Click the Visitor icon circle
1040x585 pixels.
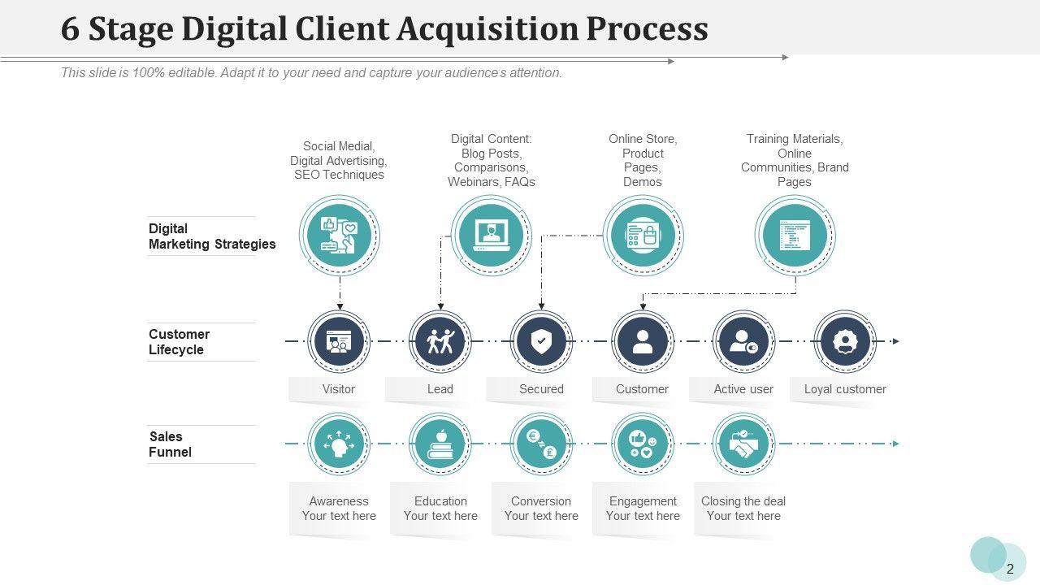point(339,342)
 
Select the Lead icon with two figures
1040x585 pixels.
point(440,342)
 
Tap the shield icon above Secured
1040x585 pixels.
point(541,342)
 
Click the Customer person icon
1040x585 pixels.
point(643,342)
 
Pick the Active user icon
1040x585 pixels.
point(743,342)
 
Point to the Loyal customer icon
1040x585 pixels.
point(845,342)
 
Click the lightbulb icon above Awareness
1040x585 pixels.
point(339,444)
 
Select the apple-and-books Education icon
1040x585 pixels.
point(440,444)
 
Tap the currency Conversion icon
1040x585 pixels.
point(541,444)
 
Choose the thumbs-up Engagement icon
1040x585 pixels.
point(643,444)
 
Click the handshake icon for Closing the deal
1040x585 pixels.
point(743,444)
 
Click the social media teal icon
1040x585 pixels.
point(339,236)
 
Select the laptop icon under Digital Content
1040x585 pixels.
point(491,236)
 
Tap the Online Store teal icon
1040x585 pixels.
point(643,236)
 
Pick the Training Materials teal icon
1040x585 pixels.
point(795,236)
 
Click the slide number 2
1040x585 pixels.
point(1010,569)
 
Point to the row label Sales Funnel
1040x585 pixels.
point(170,444)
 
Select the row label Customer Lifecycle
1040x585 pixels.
point(179,342)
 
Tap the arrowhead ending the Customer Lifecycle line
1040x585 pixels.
point(895,341)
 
